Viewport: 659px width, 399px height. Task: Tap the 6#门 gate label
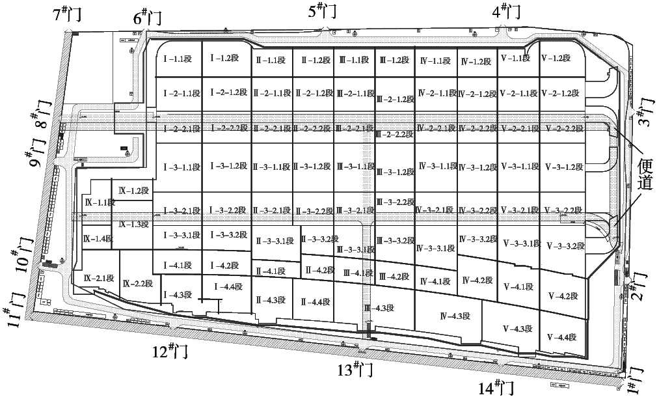click(148, 18)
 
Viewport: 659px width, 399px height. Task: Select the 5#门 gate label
click(323, 10)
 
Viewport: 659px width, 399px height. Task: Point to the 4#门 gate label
click(507, 10)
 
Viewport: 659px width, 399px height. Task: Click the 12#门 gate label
click(170, 351)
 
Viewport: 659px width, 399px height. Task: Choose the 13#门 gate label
click(354, 370)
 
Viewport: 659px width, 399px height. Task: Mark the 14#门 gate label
click(496, 388)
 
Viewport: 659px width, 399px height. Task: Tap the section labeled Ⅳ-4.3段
click(455, 316)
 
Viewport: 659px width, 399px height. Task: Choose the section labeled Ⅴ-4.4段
click(562, 337)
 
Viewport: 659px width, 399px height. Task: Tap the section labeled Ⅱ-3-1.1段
click(271, 167)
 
